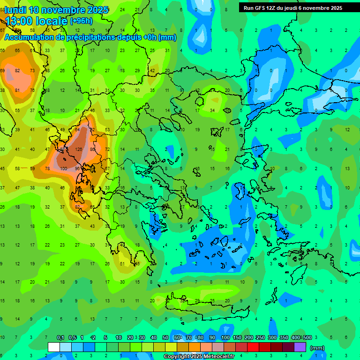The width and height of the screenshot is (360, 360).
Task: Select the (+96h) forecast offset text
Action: click(x=81, y=21)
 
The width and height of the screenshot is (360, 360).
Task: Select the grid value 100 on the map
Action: click(x=63, y=168)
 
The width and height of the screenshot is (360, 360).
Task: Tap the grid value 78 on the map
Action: click(x=47, y=168)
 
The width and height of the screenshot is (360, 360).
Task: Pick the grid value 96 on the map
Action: click(x=78, y=168)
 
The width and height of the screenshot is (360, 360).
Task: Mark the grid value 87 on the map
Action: click(x=62, y=150)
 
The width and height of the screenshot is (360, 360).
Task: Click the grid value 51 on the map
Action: click(x=122, y=264)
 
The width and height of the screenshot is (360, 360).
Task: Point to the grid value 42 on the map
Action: click(x=152, y=71)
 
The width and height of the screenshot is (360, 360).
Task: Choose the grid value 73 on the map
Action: click(x=32, y=71)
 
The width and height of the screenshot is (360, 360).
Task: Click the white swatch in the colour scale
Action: click(x=54, y=347)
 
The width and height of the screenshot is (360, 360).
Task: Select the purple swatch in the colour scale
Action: click(x=300, y=347)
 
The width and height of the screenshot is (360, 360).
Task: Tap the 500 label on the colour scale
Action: click(x=307, y=337)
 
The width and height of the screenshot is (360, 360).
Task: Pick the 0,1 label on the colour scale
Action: click(x=60, y=337)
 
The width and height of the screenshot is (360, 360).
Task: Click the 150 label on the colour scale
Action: click(x=237, y=337)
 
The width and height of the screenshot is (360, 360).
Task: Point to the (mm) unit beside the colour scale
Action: click(x=318, y=348)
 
